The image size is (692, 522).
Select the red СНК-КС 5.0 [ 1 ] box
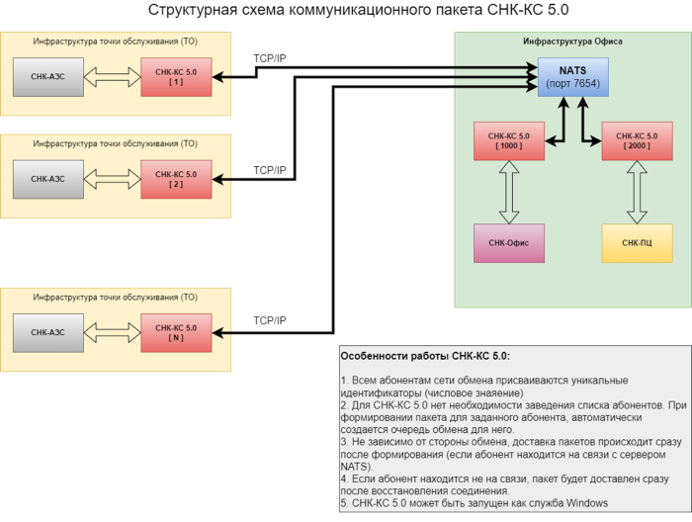tap(176, 77)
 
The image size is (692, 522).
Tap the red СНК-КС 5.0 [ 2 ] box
tap(176, 179)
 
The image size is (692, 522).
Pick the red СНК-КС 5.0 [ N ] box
tap(176, 332)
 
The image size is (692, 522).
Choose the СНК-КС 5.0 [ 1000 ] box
tap(509, 140)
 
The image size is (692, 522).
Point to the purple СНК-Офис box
tap(509, 242)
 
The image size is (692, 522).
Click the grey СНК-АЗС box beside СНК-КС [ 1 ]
tap(47, 77)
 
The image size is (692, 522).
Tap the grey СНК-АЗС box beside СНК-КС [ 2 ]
tap(47, 179)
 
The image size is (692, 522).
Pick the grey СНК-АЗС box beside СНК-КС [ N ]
tap(47, 332)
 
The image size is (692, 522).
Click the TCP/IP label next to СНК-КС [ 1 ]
tap(269, 59)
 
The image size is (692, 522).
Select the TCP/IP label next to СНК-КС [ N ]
tap(269, 320)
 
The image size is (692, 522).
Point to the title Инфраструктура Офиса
tap(572, 42)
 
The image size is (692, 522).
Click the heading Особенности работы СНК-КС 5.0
tap(424, 356)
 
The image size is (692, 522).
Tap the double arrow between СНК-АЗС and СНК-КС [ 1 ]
tap(112, 77)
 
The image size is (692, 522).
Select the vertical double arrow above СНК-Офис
tap(509, 193)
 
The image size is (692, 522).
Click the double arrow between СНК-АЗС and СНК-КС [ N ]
tap(112, 332)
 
